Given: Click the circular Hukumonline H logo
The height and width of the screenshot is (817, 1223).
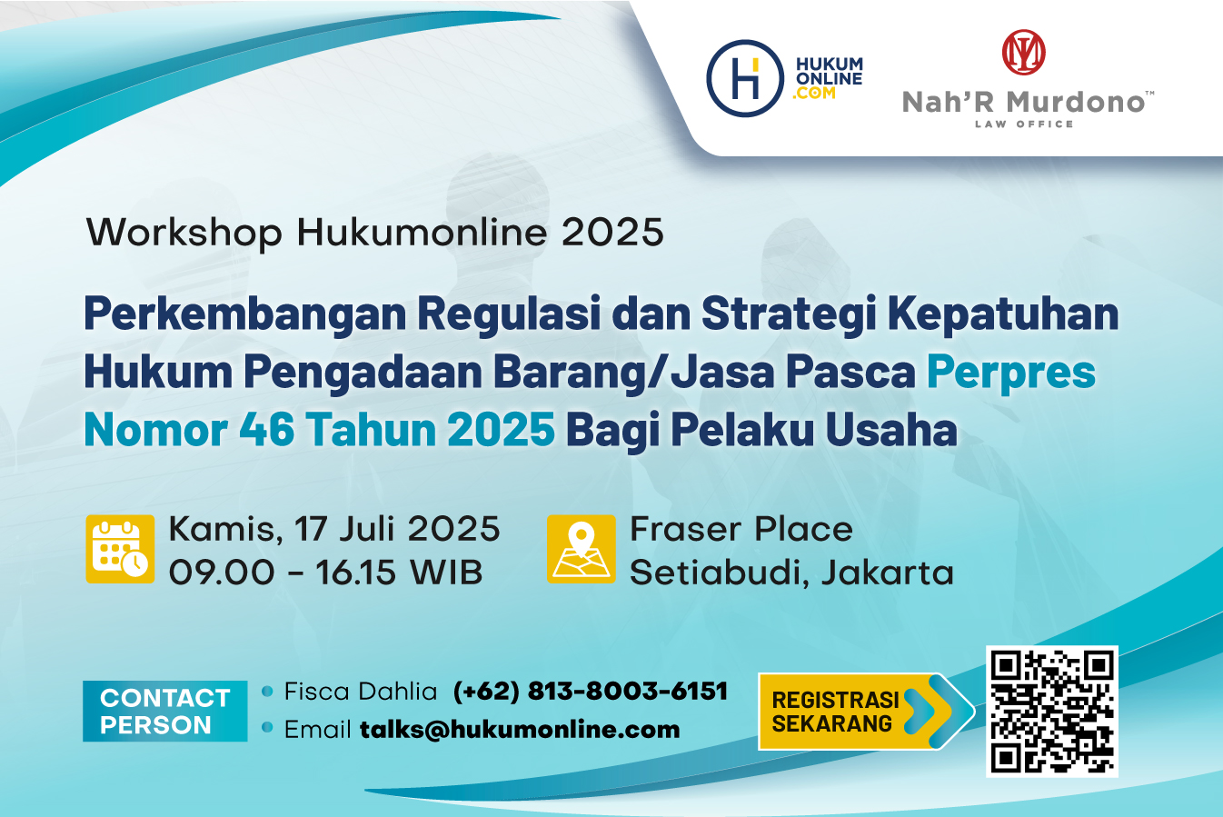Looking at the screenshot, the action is (745, 78).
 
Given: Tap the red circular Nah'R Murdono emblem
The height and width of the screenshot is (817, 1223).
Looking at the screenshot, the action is (1024, 53).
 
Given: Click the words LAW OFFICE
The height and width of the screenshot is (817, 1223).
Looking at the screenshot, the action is (1024, 124).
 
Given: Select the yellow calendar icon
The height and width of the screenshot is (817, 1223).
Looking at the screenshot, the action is (120, 549).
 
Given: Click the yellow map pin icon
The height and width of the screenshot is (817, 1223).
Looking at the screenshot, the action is (582, 549).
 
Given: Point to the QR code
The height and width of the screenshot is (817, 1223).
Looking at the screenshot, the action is (1052, 711).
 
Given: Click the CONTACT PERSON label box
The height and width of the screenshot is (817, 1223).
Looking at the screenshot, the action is (164, 711).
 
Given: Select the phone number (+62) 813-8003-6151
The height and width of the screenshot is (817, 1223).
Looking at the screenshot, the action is (591, 692).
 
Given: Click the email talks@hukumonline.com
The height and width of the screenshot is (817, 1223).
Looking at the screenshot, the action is (520, 730).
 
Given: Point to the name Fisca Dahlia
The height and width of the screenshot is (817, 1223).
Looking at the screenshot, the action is (361, 692).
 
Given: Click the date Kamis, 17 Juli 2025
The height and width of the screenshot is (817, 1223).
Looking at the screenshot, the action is (334, 529).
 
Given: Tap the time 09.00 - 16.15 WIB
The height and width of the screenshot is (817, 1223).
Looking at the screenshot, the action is (326, 573).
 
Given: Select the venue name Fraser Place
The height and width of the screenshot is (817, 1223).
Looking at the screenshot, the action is (741, 529).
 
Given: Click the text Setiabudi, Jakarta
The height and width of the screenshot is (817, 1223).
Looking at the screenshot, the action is (791, 573).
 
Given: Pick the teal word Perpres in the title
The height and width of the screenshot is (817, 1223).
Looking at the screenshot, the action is (1011, 372).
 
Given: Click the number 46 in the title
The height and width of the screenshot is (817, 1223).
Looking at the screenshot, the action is (267, 429).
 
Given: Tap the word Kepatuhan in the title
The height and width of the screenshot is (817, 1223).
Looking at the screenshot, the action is (1003, 314).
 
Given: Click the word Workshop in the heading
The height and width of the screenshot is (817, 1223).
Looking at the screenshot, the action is (184, 233).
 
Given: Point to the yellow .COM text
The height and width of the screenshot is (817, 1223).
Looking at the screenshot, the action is (814, 94).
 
